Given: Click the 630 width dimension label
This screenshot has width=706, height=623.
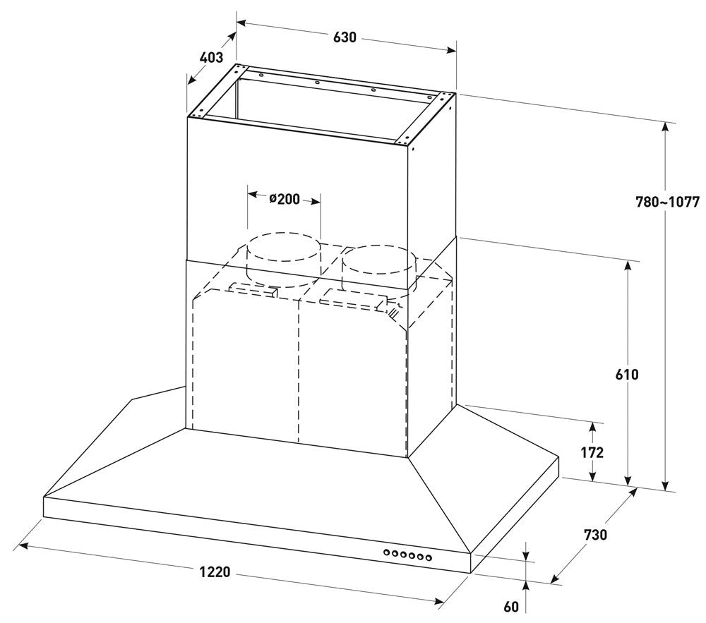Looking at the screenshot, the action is click(345, 37).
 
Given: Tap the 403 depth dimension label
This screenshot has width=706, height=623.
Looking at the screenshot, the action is click(211, 58).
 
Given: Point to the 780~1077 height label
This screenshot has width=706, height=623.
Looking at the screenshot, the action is click(667, 202).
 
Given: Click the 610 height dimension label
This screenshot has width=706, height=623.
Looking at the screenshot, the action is click(627, 374).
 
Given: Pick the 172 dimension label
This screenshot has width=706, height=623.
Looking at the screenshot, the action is click(592, 452).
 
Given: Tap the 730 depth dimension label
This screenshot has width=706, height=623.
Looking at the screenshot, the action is click(595, 535).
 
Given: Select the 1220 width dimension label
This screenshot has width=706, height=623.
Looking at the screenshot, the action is click(215, 572).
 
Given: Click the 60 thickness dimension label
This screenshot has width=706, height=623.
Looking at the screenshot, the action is click(511, 607).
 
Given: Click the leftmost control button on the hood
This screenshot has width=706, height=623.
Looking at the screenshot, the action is click(387, 552).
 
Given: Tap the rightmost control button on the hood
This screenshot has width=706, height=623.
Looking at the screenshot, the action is click(429, 558).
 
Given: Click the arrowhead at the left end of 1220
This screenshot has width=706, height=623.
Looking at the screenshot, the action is click(23, 546).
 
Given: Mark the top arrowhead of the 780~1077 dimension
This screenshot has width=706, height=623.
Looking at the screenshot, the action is click(665, 127).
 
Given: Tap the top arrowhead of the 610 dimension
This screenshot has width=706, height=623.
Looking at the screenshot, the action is click(628, 266).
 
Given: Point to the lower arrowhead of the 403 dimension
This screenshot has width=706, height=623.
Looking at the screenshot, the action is click(192, 80).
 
